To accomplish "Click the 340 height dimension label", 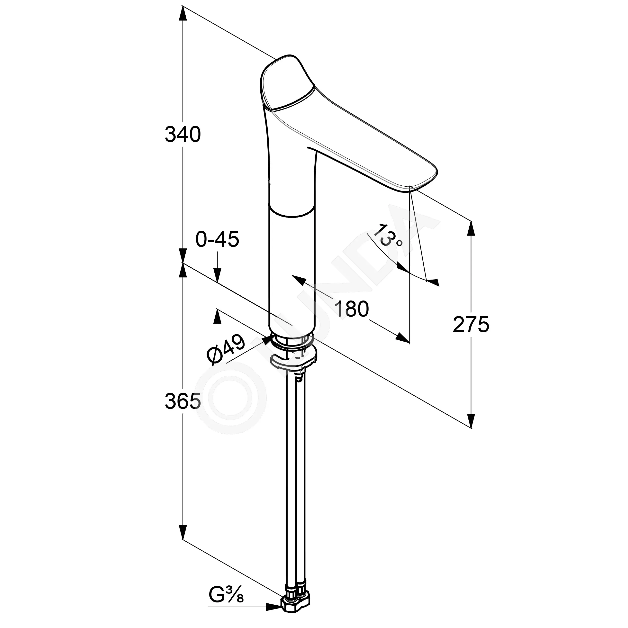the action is click(x=183, y=135).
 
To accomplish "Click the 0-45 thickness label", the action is click(x=217, y=240).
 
